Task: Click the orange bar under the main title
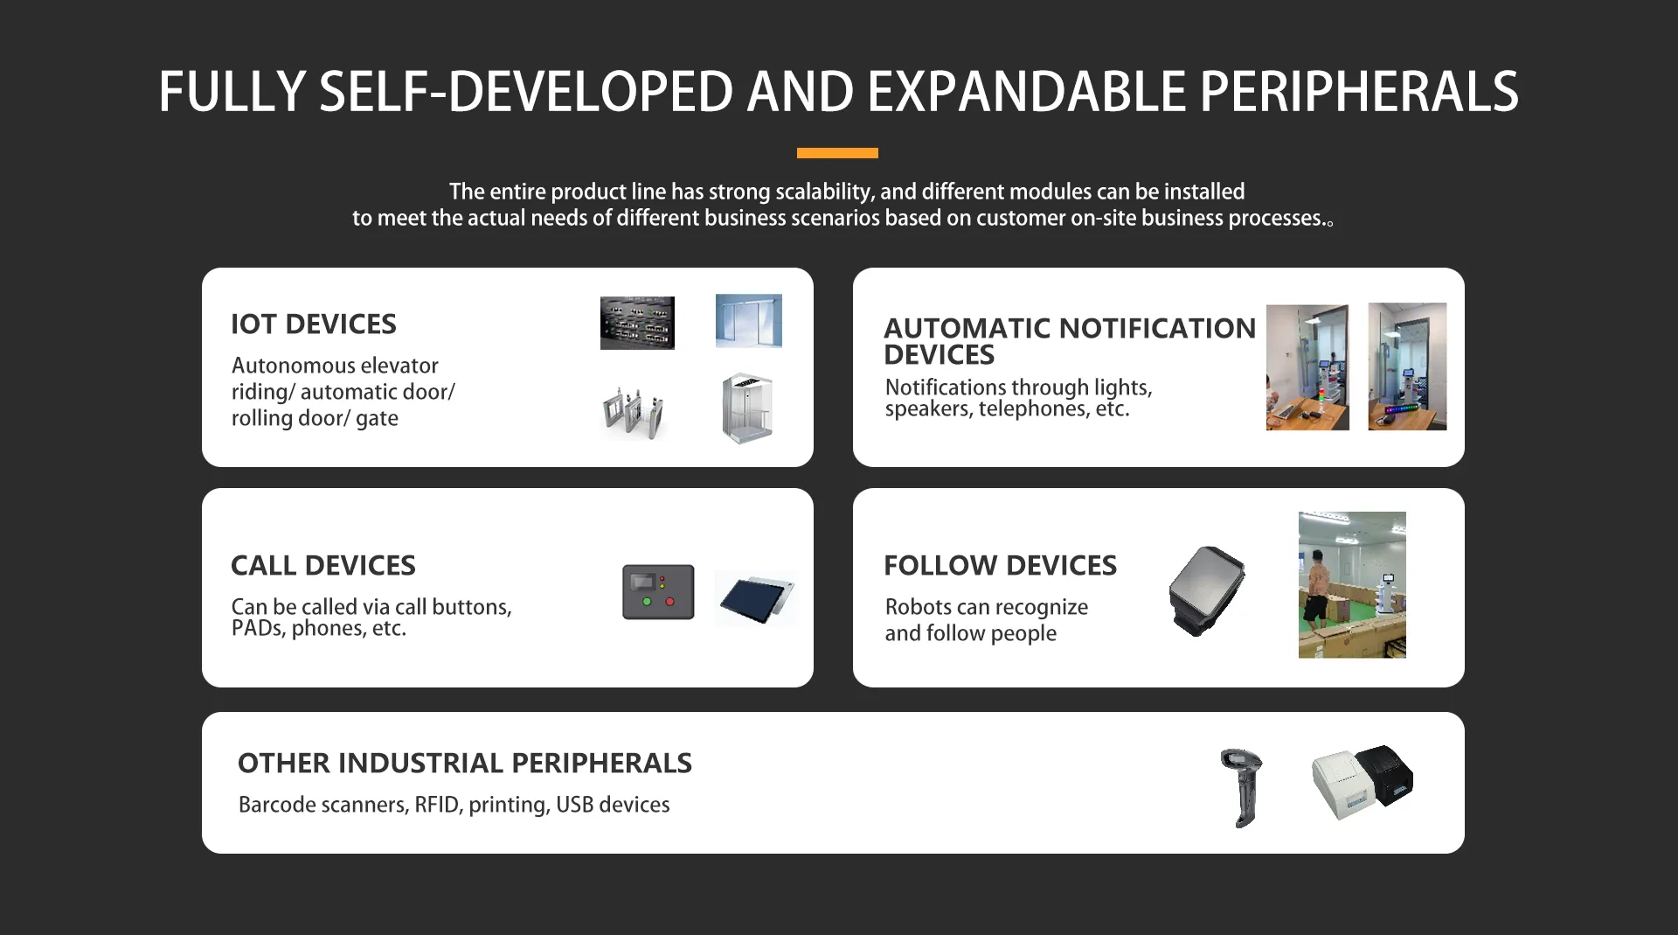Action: pos(837,153)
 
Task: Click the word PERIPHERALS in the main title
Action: pos(1359,92)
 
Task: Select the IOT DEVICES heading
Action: pos(314,324)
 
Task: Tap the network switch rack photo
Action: pos(637,323)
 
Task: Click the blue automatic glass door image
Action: pos(749,321)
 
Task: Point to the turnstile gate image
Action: pos(634,412)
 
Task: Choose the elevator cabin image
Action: pos(747,408)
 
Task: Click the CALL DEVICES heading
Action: pos(323,566)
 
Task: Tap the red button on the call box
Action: pos(670,602)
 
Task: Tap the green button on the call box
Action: pos(647,602)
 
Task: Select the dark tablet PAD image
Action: pos(756,598)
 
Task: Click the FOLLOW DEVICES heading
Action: pos(1001,566)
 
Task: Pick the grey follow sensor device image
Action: pos(1207,591)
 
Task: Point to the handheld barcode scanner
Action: pos(1242,787)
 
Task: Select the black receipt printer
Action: pos(1385,774)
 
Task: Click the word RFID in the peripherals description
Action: pos(436,805)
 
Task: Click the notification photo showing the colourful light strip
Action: pos(1407,366)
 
